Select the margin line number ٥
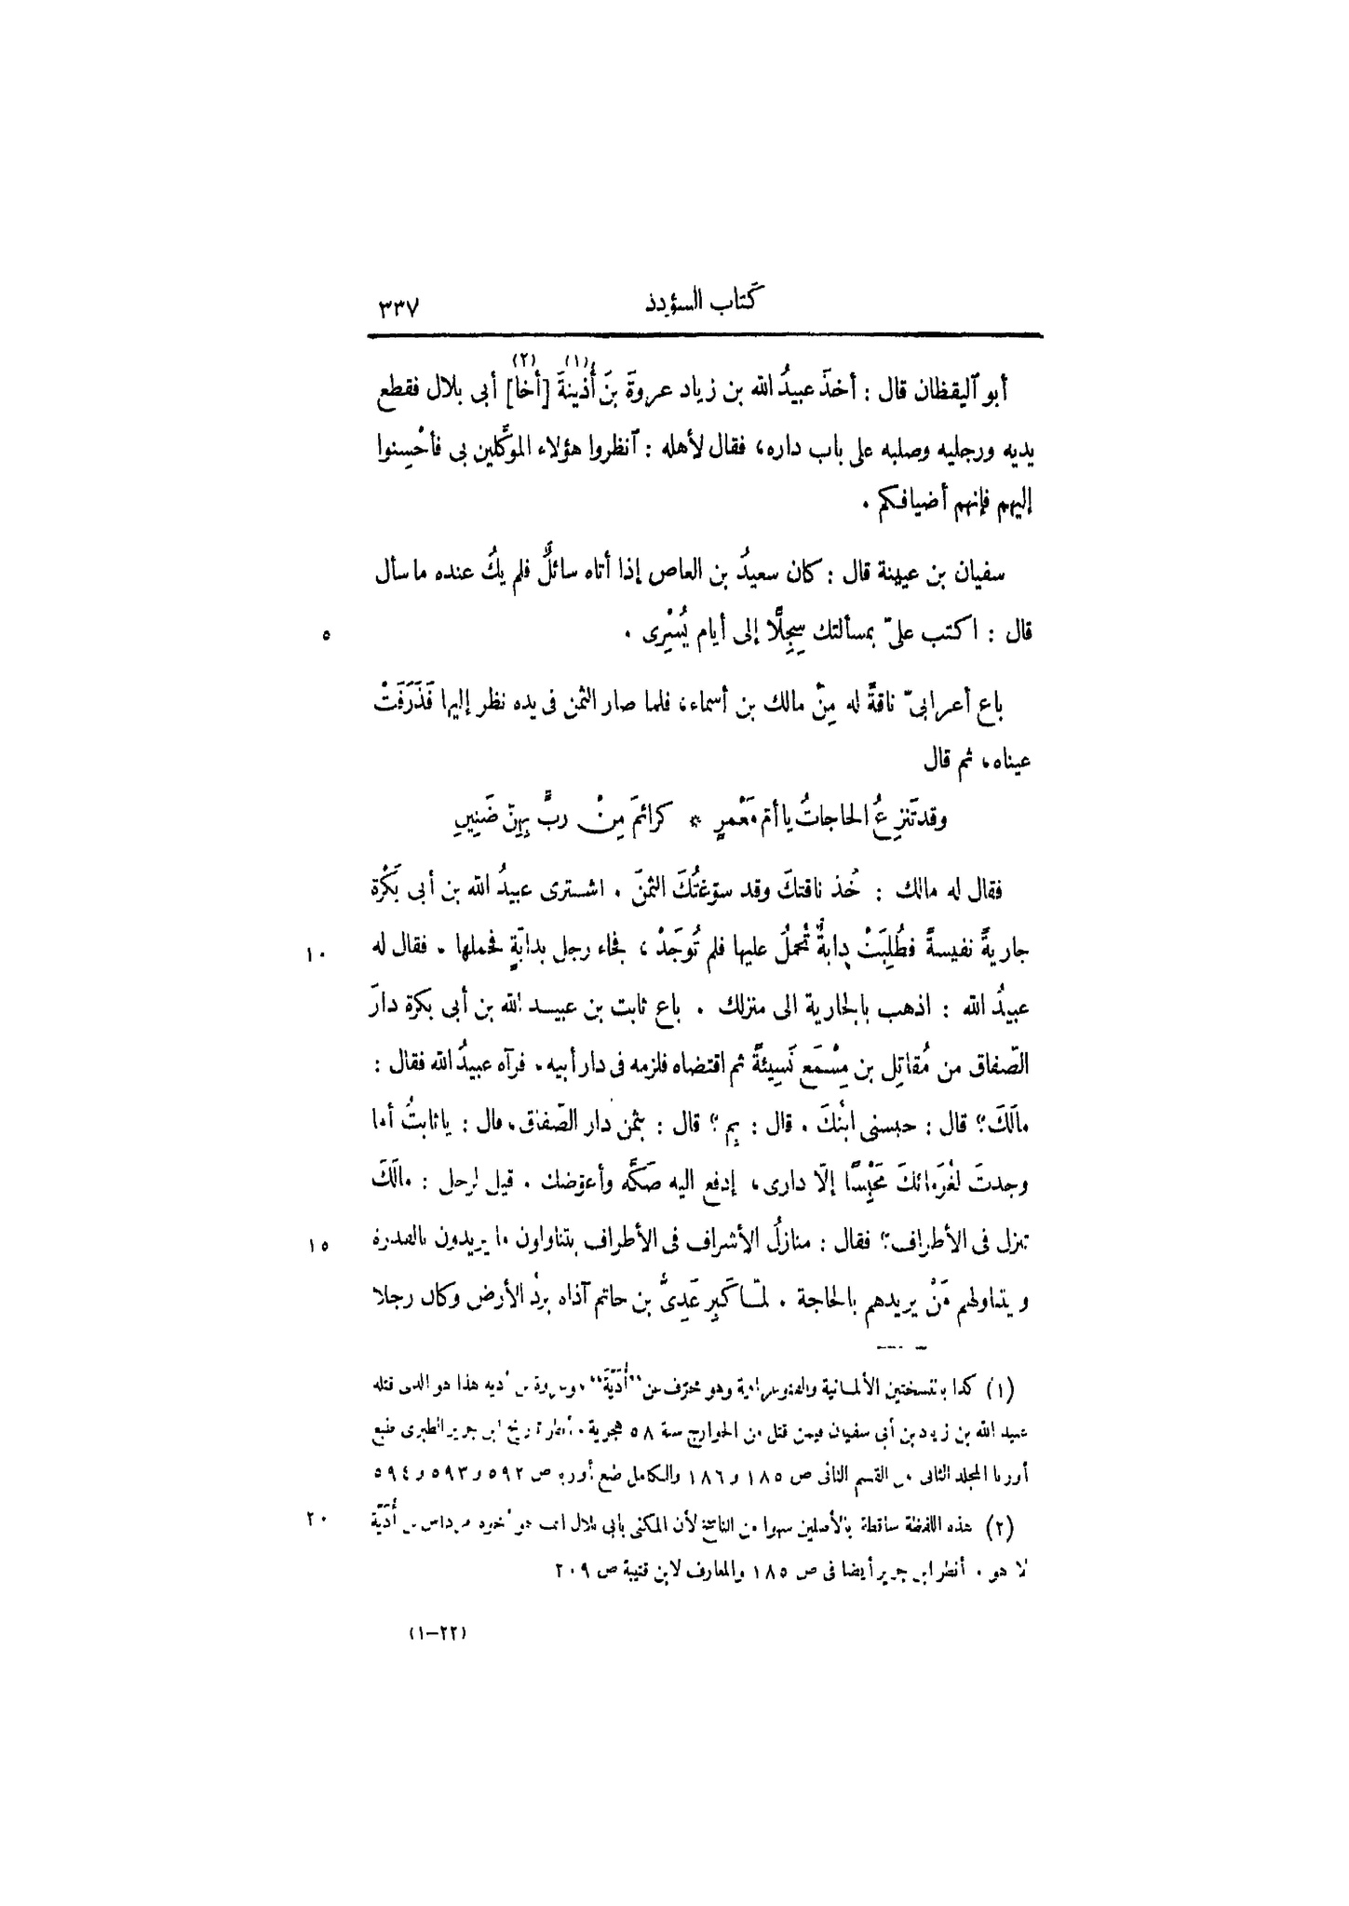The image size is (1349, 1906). click(x=324, y=636)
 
